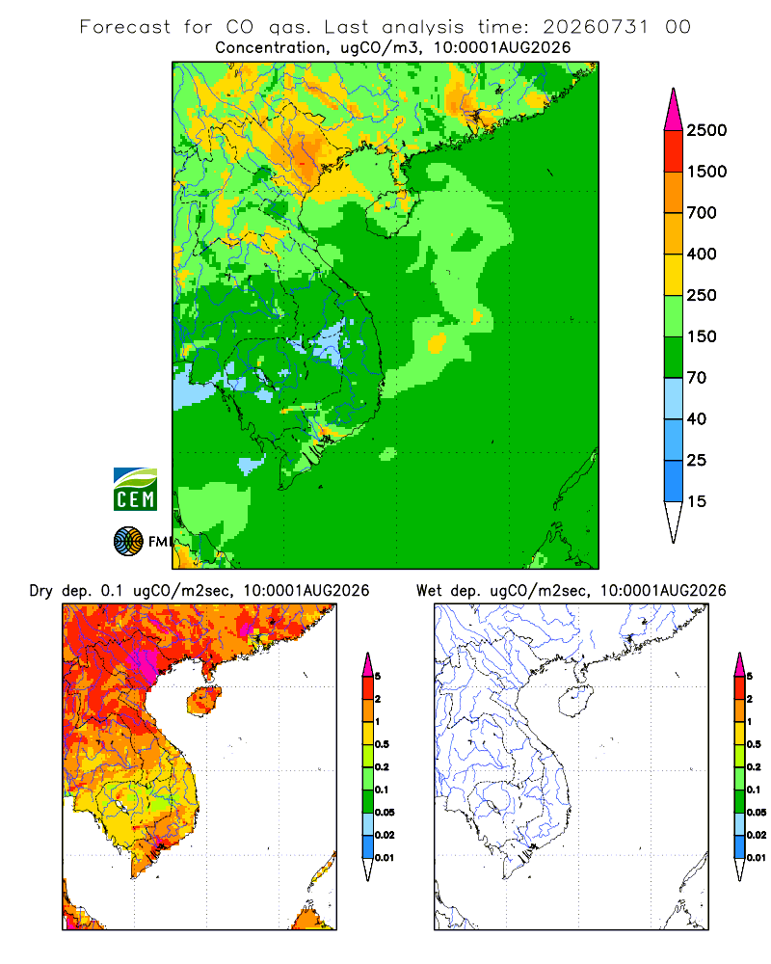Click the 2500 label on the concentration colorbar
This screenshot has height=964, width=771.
click(x=706, y=130)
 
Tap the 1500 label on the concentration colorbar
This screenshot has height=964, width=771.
click(x=706, y=172)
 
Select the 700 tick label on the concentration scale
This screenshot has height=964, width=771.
click(x=702, y=213)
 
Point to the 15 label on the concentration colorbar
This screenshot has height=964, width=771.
click(x=696, y=501)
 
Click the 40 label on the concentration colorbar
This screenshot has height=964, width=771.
click(x=696, y=418)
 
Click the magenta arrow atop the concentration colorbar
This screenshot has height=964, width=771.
click(x=674, y=110)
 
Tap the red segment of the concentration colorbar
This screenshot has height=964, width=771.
click(x=674, y=151)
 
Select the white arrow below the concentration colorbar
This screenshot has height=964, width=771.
click(x=674, y=522)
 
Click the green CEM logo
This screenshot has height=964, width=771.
click(x=135, y=490)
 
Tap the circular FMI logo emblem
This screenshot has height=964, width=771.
click(x=128, y=542)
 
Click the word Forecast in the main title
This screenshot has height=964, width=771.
click(x=125, y=27)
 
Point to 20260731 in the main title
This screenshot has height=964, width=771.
click(x=596, y=27)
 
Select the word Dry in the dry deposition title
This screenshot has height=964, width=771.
click(x=40, y=591)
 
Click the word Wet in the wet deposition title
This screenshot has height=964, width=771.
click(x=429, y=591)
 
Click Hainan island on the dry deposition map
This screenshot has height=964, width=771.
click(x=203, y=702)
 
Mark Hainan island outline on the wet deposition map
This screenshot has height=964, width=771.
click(x=575, y=702)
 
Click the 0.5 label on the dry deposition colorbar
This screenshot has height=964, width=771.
click(x=382, y=744)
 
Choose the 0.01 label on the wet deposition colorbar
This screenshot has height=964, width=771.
click(x=757, y=858)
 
